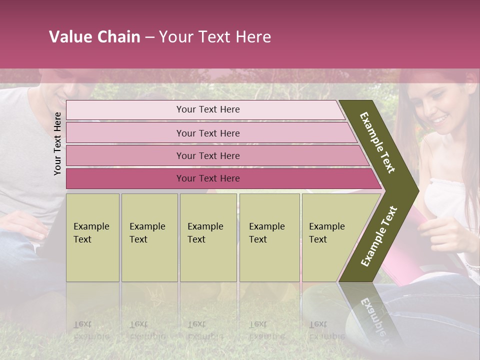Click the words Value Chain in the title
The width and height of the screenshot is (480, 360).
(x=94, y=37)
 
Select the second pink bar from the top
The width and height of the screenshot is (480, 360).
(x=207, y=133)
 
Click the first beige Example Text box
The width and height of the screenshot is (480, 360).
(x=92, y=237)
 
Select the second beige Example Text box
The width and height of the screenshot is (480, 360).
(x=149, y=237)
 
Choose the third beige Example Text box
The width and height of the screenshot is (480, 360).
(x=208, y=237)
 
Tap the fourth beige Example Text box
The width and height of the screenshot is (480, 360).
(x=269, y=237)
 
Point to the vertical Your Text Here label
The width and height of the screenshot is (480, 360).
(x=57, y=143)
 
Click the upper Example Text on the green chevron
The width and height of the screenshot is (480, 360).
(x=377, y=142)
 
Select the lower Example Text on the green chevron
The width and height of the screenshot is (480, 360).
(x=379, y=236)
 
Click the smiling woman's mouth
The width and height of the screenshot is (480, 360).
(x=439, y=119)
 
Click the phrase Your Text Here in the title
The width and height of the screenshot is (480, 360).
(x=215, y=37)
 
